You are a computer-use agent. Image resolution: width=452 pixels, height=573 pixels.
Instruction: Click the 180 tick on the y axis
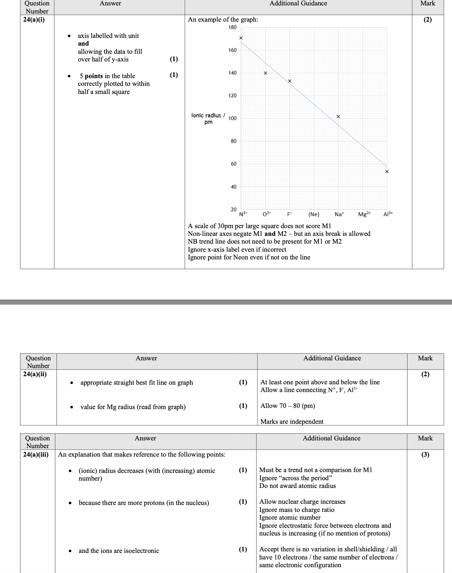[232, 27]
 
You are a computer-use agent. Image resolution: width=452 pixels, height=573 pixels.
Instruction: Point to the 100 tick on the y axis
[232, 118]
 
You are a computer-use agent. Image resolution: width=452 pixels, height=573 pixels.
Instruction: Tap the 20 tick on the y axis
[234, 209]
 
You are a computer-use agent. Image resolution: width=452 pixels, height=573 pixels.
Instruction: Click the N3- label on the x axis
[244, 214]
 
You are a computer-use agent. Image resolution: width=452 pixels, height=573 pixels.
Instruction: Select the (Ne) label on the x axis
[314, 214]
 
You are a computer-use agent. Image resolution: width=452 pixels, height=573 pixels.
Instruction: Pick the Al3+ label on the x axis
[388, 214]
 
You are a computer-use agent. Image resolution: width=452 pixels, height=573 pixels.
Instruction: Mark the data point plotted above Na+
[338, 116]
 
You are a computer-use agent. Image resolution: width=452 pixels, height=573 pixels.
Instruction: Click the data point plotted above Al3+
[387, 171]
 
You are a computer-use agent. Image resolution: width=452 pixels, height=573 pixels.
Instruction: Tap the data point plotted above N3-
[241, 38]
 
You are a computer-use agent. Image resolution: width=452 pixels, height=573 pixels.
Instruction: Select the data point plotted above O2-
[265, 73]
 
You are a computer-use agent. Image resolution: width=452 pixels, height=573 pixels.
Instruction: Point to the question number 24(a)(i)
[34, 20]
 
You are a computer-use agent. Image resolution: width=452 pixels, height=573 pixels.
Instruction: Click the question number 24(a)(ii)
[35, 374]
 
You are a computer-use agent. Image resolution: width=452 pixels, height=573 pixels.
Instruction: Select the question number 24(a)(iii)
[36, 454]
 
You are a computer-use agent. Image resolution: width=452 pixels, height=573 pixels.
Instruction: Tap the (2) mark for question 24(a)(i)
[427, 20]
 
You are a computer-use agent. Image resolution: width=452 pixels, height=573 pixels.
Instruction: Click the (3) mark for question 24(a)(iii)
[425, 454]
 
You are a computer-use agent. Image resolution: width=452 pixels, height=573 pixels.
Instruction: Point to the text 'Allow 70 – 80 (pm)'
[288, 406]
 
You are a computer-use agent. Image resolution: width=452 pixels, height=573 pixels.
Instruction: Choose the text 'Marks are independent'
[292, 421]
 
